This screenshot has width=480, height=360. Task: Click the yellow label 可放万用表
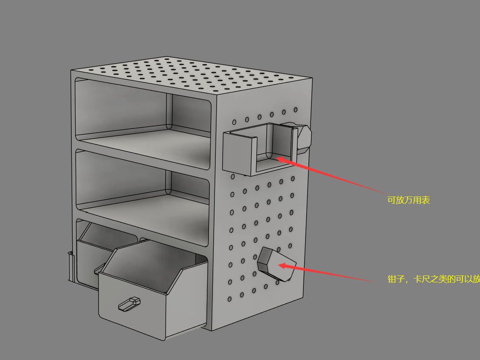(x=409, y=200)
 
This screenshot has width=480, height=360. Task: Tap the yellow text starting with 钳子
(x=433, y=279)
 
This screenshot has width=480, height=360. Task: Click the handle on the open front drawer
(x=130, y=304)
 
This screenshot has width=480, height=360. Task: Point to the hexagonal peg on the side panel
(x=277, y=264)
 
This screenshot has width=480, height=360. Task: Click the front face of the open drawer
(x=132, y=306)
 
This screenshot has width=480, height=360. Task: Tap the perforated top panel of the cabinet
(x=190, y=75)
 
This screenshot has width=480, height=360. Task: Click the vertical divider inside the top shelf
(x=169, y=112)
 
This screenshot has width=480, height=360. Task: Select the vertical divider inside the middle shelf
(x=168, y=183)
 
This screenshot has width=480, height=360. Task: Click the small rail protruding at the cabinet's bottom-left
(x=71, y=266)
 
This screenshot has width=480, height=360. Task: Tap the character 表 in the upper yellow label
(x=426, y=200)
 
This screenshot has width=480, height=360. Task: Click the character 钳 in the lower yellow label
(x=392, y=279)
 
